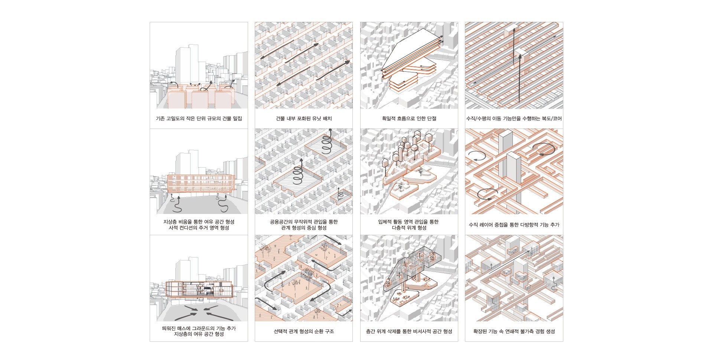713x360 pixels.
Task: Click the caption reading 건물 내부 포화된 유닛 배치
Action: click(x=304, y=119)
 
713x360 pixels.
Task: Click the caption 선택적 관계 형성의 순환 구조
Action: click(x=304, y=331)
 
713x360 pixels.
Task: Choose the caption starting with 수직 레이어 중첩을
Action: click(x=514, y=225)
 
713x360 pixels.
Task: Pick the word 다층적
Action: click(x=399, y=228)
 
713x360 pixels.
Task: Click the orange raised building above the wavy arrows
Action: click(x=200, y=184)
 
